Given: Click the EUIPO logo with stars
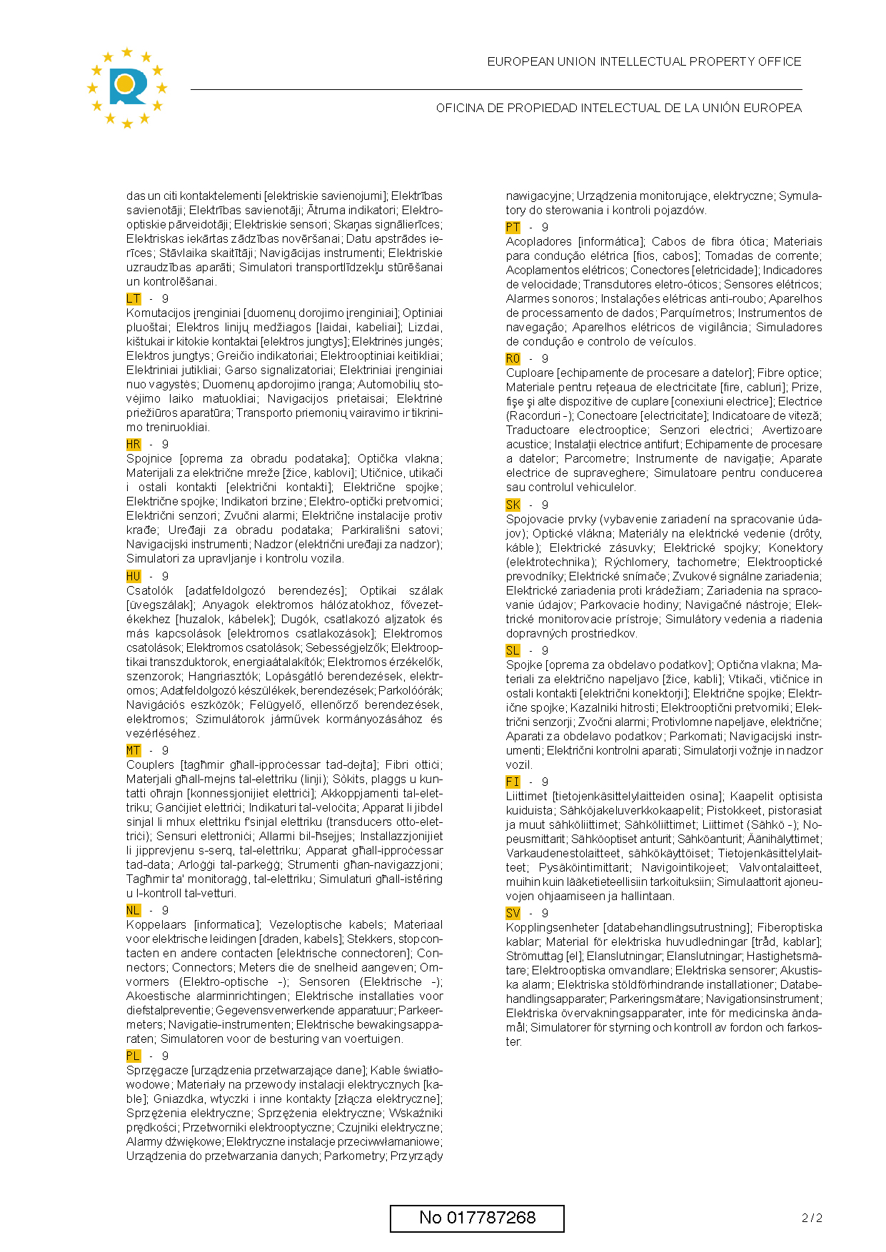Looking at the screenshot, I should [x=126, y=87].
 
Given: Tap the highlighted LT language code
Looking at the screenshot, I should [x=134, y=298].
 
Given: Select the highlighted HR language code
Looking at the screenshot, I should [x=134, y=444].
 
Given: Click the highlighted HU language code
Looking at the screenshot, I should [x=134, y=576].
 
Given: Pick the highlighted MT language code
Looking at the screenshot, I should [x=134, y=750].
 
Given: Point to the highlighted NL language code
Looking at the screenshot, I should [x=134, y=910].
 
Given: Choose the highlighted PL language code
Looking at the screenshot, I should [x=134, y=1056].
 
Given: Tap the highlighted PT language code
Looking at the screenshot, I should [x=513, y=227].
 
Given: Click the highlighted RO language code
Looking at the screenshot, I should [x=513, y=358].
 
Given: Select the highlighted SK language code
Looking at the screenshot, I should [x=513, y=505].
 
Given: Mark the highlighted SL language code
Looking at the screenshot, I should [x=513, y=650].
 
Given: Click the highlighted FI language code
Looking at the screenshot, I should [x=513, y=782].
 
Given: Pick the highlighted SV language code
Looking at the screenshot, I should [x=513, y=913].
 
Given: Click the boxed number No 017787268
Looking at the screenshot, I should [x=477, y=1218].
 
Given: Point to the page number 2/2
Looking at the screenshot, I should [x=812, y=1218].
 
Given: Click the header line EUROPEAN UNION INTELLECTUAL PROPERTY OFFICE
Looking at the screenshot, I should [x=644, y=62].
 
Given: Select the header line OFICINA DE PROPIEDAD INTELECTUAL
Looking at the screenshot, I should [x=618, y=108].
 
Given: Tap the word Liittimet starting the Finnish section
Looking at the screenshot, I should [x=527, y=796].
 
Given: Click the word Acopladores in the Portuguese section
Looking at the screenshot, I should [x=539, y=241].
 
